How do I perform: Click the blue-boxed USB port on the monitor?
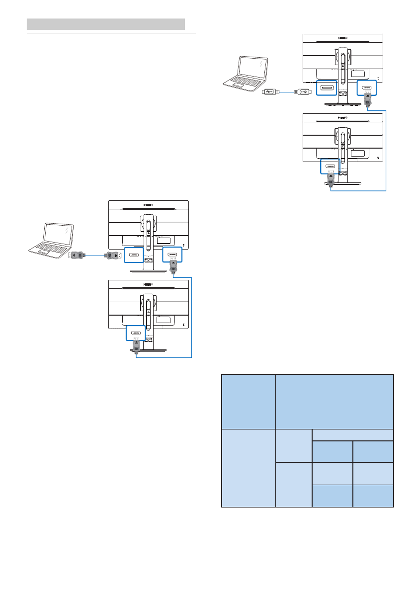327,89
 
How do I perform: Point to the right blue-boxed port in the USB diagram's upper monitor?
367,88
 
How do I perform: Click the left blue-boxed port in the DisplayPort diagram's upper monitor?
134,255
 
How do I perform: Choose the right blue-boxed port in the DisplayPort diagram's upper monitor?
172,254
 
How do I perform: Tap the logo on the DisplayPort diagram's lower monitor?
148,285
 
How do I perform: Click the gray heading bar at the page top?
105,24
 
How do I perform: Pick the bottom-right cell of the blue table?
373,496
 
